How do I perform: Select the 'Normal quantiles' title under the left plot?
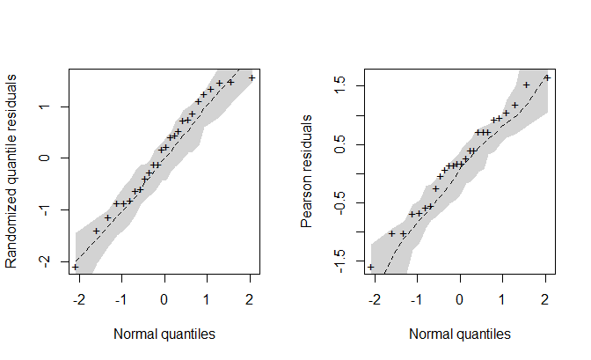tap(164, 334)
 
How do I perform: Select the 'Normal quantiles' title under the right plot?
tap(459, 334)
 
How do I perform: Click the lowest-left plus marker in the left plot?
tap(75, 267)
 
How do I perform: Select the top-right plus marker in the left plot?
tap(252, 77)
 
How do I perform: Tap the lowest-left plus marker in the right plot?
tap(370, 267)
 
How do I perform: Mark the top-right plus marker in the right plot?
tap(546, 77)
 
